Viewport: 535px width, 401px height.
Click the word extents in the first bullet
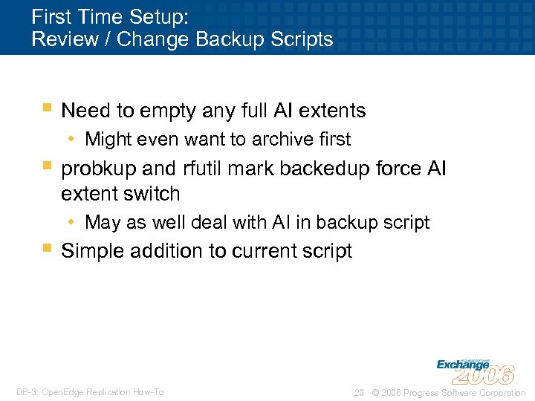coord(330,111)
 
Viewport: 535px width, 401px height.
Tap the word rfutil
coord(201,169)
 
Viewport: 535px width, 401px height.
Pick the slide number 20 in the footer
coord(359,392)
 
